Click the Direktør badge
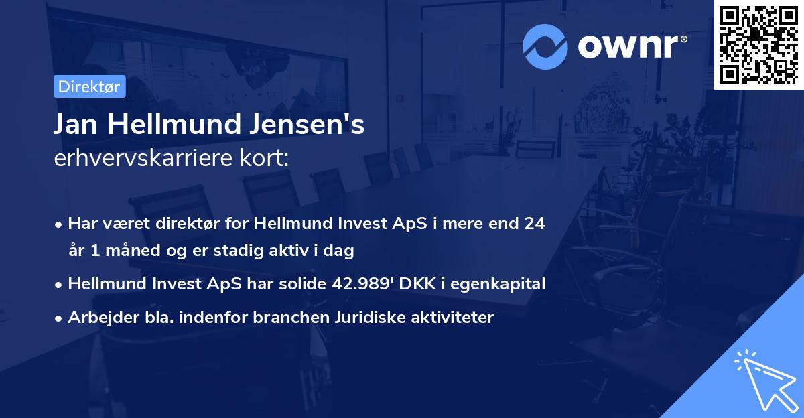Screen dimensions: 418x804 click(x=88, y=86)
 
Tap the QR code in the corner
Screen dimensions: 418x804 click(x=759, y=44)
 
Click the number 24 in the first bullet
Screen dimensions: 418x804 click(x=534, y=223)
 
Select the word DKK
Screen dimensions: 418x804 click(x=413, y=284)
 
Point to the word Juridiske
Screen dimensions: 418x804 click(x=368, y=318)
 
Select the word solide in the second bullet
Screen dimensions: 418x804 click(x=302, y=284)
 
